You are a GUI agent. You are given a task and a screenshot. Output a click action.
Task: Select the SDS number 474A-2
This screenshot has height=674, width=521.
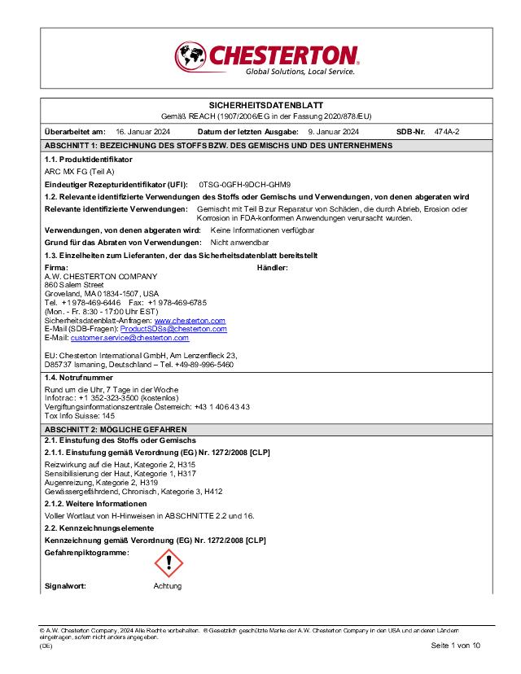[447, 131]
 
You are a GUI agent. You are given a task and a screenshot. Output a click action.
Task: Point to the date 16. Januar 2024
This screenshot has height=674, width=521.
[142, 131]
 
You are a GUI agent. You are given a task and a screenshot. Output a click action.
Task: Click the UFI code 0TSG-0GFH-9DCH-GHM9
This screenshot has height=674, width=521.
[256, 185]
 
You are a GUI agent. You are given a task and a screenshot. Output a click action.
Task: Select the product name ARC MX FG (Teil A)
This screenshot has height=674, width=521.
[79, 173]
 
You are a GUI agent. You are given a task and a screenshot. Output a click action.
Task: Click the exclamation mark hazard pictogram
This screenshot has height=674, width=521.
[169, 562]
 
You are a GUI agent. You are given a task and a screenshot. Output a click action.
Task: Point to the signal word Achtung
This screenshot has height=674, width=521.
[168, 586]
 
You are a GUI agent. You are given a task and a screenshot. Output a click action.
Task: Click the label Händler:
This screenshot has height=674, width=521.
[272, 267]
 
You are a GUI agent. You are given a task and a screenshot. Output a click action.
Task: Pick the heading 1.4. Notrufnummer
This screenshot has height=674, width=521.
[79, 378]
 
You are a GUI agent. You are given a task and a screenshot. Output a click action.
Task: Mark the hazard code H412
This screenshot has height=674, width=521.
[213, 492]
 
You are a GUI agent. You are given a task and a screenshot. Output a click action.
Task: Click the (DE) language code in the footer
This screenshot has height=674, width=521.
[46, 645]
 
